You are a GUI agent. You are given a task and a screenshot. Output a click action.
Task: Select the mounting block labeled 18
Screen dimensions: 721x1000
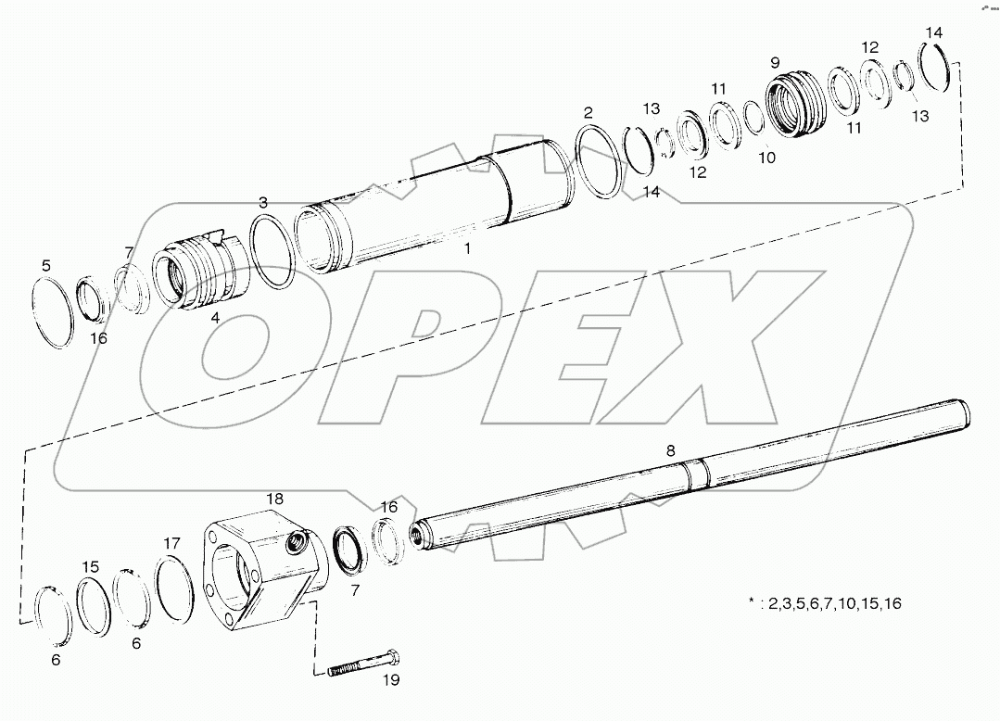265,574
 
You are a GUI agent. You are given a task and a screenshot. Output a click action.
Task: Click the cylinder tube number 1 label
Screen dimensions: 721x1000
468,248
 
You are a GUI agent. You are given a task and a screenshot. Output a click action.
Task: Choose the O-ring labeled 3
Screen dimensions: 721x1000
272,252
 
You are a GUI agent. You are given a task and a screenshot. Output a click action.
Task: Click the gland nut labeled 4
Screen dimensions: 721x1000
198,274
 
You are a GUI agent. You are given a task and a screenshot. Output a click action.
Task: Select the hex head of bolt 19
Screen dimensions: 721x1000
393,660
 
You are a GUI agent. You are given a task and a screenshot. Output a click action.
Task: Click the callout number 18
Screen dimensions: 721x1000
275,500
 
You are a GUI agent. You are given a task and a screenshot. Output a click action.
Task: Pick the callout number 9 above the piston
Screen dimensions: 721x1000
775,63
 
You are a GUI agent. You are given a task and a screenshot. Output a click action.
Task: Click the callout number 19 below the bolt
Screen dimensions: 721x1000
390,679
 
